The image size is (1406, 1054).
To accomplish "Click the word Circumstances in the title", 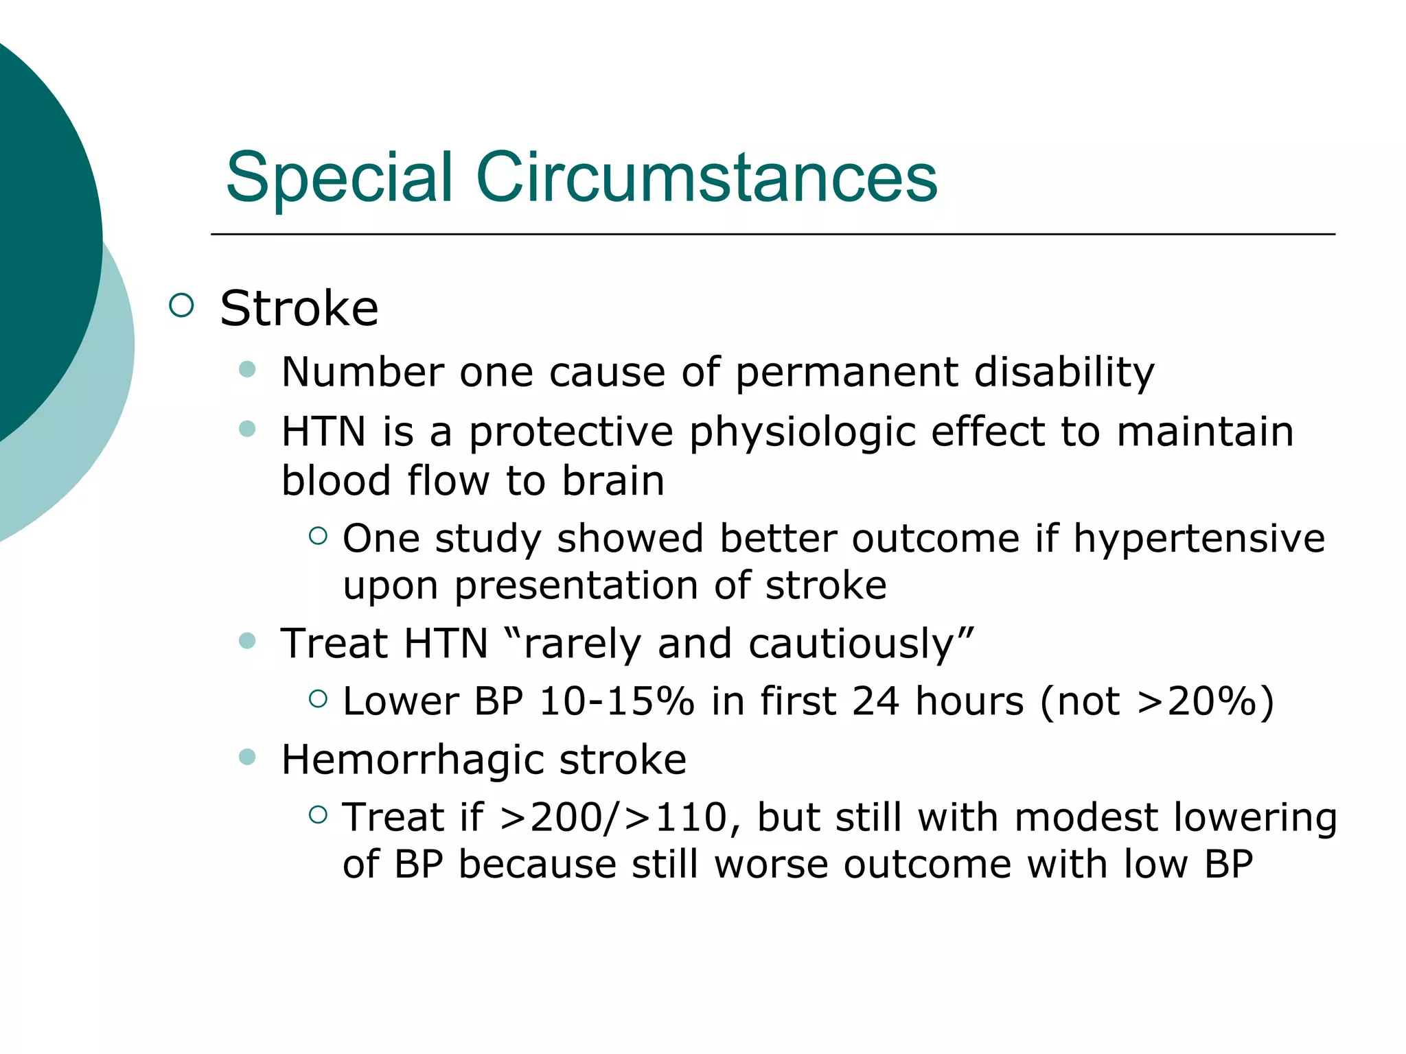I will (x=706, y=178).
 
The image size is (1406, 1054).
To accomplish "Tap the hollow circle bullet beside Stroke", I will (x=181, y=305).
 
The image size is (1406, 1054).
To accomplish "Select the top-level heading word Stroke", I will (x=299, y=309).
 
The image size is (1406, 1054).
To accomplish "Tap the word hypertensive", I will (x=1199, y=539).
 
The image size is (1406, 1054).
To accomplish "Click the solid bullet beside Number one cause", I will (x=247, y=371).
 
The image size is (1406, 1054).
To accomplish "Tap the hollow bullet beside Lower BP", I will (x=318, y=699).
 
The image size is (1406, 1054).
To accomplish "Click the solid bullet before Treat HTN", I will (x=247, y=642).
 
